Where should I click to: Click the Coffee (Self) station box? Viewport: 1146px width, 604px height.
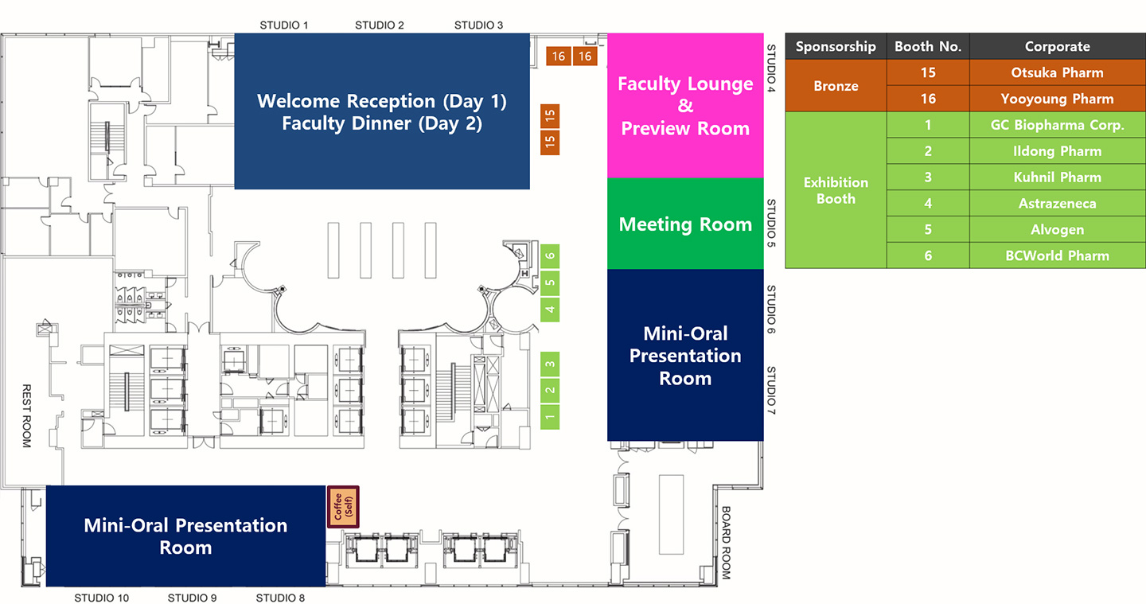[343, 506]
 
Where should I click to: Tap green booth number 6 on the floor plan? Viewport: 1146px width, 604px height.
[550, 255]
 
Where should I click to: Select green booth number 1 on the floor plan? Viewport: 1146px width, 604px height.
[550, 417]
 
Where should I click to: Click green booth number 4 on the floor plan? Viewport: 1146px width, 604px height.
[550, 309]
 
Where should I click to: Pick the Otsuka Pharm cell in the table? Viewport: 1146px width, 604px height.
[1057, 72]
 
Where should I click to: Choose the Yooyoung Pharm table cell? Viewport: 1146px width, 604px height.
[1057, 99]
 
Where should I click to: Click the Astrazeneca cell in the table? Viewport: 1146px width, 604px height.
[1057, 204]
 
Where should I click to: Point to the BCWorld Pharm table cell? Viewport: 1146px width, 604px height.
[1057, 255]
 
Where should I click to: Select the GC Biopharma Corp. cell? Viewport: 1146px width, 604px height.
[1057, 125]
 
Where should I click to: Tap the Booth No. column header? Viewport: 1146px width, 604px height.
[928, 46]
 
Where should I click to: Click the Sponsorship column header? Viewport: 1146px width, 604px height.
[836, 46]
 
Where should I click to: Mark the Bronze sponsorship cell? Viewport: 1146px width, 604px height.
[836, 86]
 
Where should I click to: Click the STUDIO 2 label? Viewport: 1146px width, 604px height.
[380, 25]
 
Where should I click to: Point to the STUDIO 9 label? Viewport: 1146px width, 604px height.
[193, 598]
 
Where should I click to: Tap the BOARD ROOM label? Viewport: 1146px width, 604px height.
[726, 543]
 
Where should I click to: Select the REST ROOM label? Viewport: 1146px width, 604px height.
[26, 415]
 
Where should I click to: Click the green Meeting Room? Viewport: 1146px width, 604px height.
[685, 224]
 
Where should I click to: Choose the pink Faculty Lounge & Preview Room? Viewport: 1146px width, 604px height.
[685, 105]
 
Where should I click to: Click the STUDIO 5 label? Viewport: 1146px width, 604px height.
[771, 223]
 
